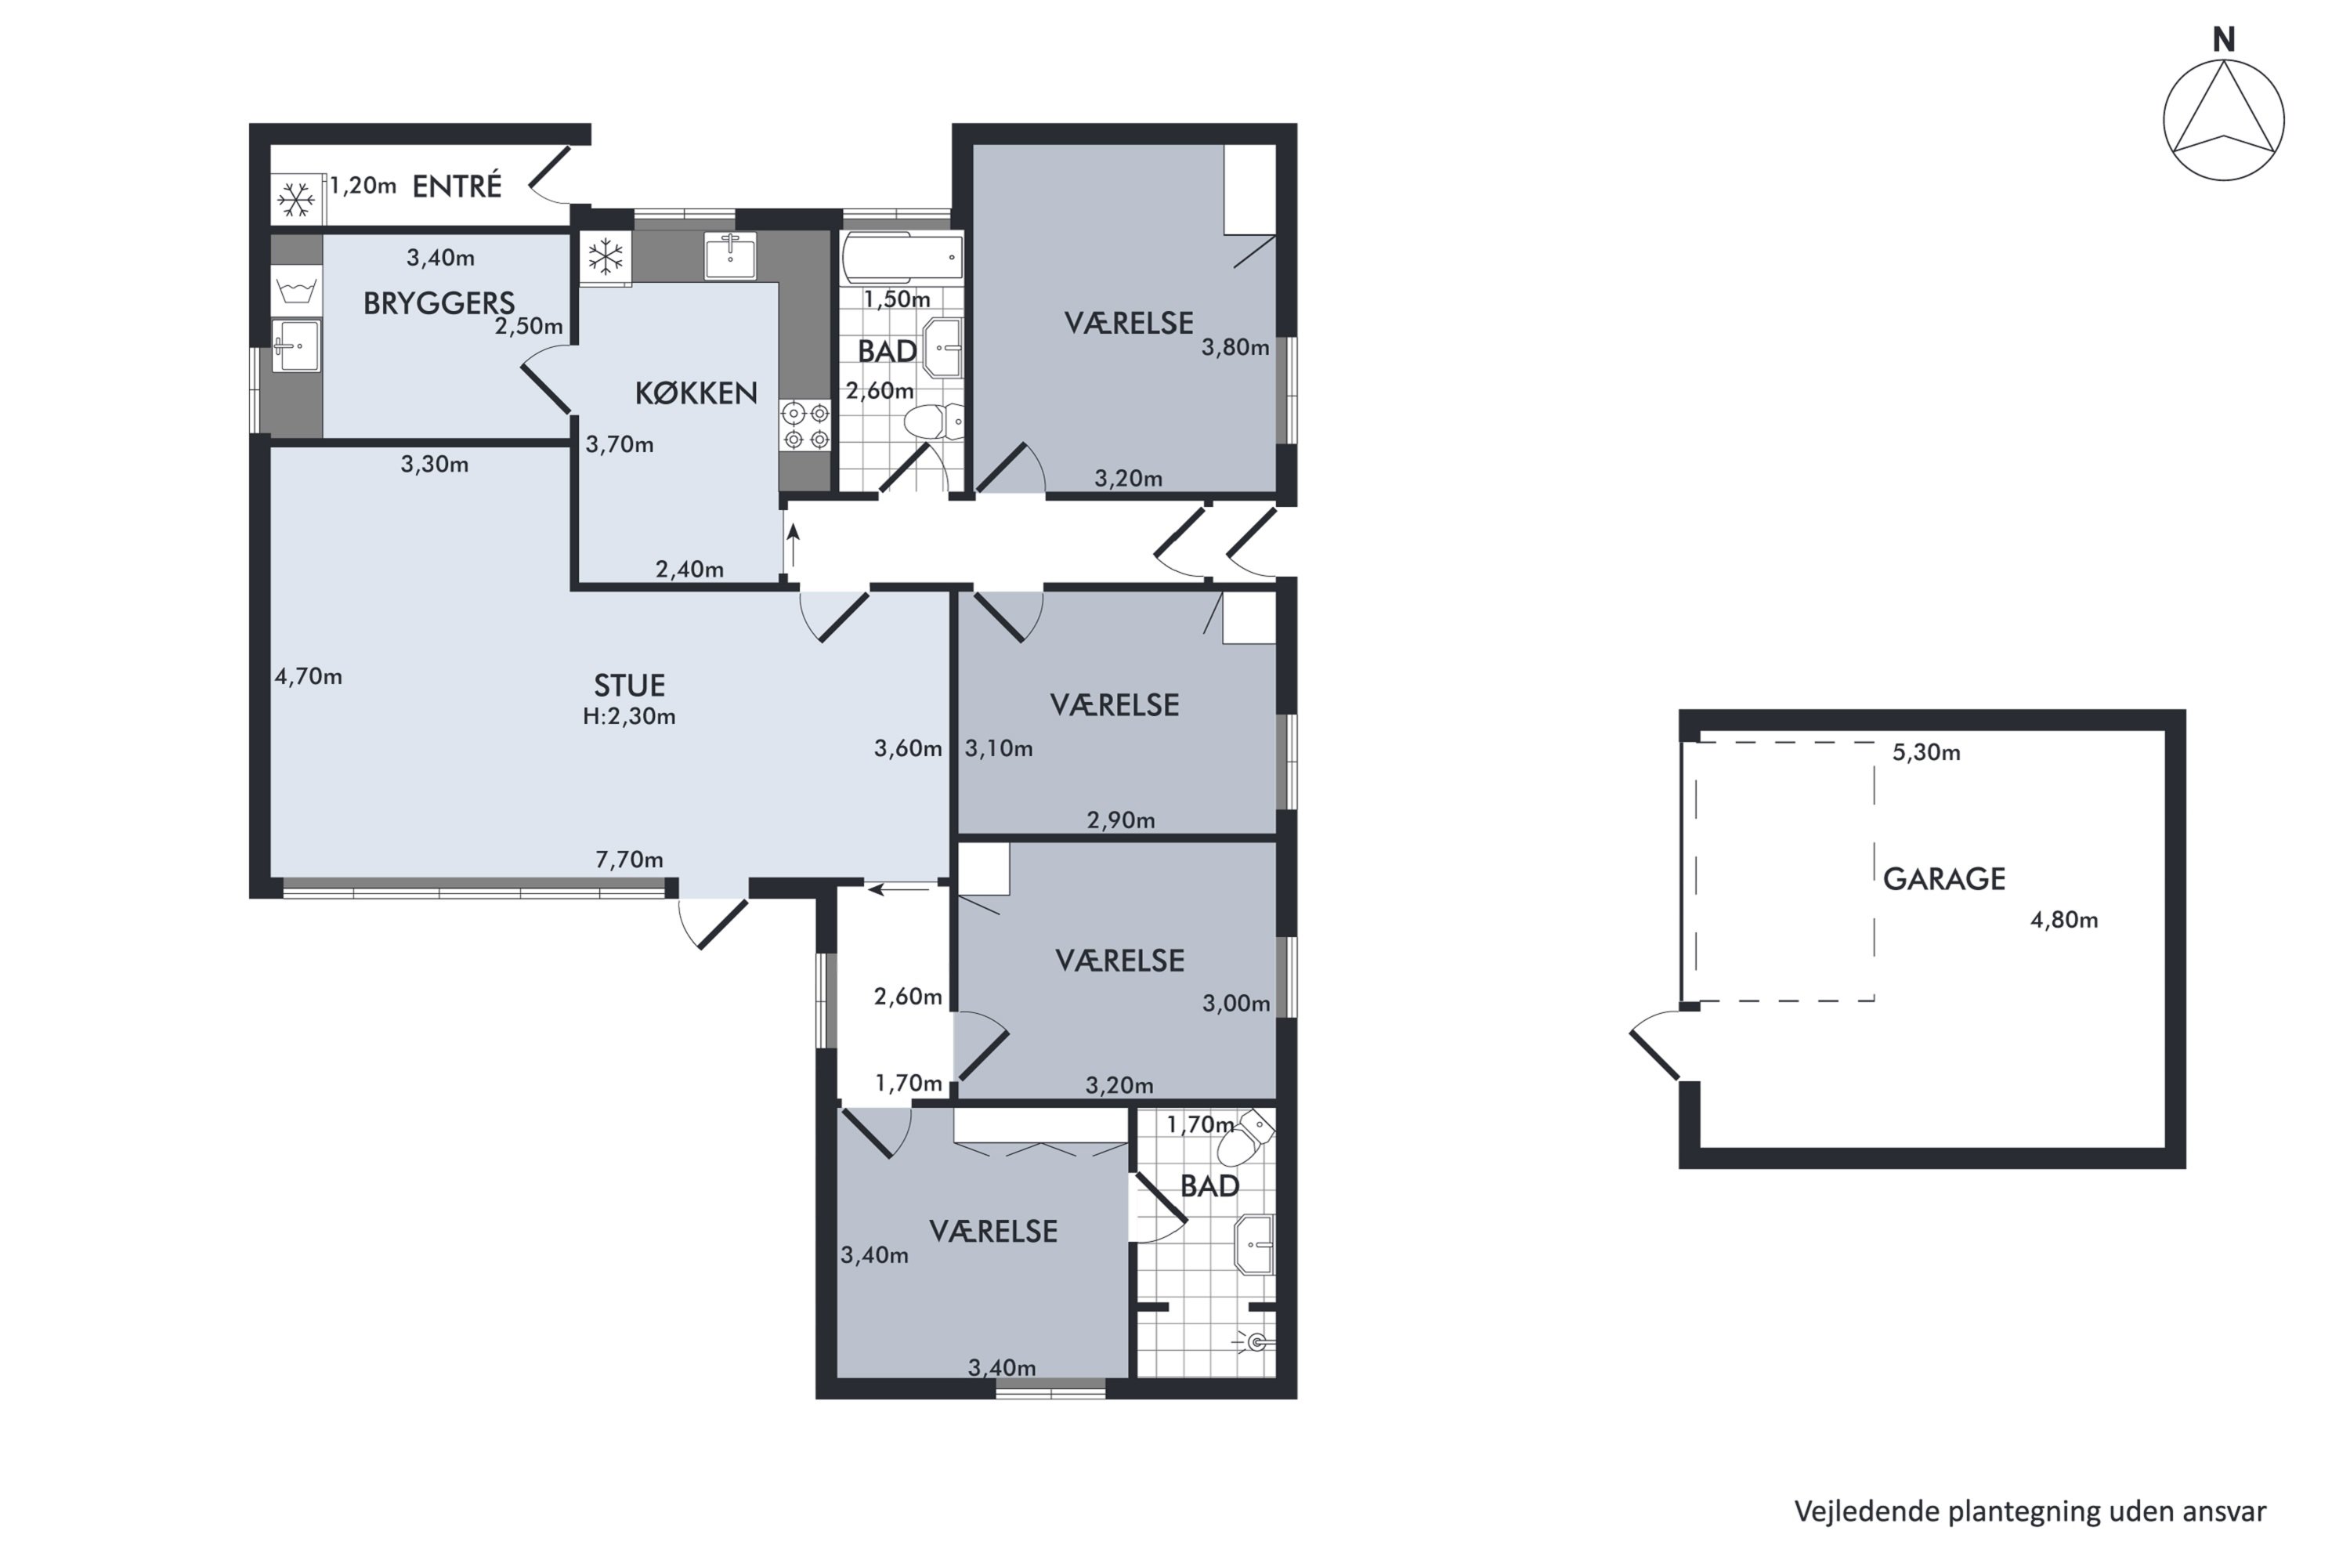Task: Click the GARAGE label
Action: click(x=1943, y=879)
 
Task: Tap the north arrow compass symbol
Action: click(x=2223, y=120)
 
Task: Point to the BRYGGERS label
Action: click(x=439, y=302)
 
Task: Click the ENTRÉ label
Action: click(x=457, y=186)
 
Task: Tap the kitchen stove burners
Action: click(x=805, y=425)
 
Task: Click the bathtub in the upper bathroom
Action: click(x=903, y=258)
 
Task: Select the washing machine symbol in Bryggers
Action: click(x=297, y=291)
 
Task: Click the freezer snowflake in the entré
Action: click(x=296, y=200)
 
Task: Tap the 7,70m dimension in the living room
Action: click(x=630, y=859)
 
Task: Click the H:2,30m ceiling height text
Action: click(x=630, y=717)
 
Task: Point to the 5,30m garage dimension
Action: click(x=1926, y=752)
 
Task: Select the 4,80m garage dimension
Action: click(x=2064, y=921)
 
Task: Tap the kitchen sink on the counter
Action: click(x=730, y=256)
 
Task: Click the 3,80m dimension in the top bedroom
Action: click(x=1235, y=348)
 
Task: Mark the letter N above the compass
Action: click(x=2224, y=40)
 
